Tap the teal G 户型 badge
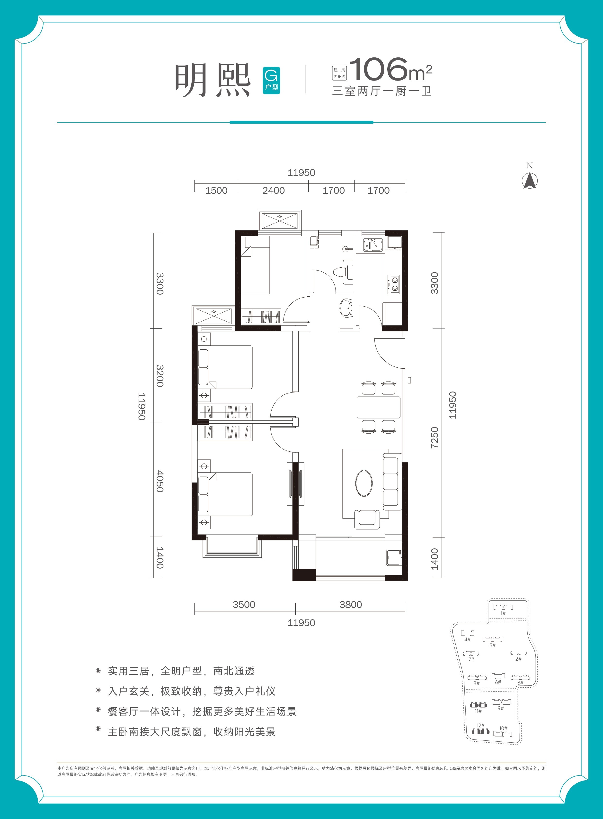271,80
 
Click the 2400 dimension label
273,190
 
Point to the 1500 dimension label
216,190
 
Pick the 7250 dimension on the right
434,438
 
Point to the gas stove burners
394,284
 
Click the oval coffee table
364,483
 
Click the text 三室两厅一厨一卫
382,91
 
